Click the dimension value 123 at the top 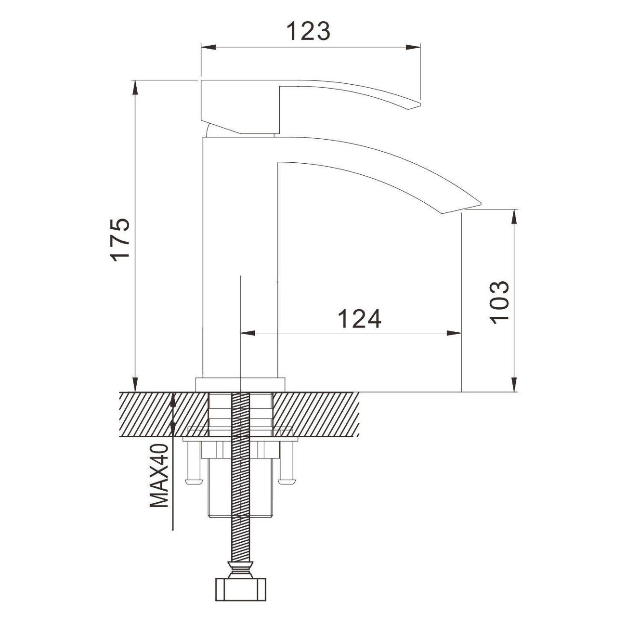click(x=308, y=32)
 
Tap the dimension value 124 click(x=359, y=319)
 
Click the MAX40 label click(x=159, y=476)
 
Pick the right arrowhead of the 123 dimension click(x=414, y=47)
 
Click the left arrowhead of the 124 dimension click(x=247, y=333)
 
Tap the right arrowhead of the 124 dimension click(x=455, y=333)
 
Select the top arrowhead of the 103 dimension click(x=514, y=216)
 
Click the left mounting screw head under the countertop click(x=192, y=481)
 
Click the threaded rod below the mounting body click(x=239, y=539)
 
